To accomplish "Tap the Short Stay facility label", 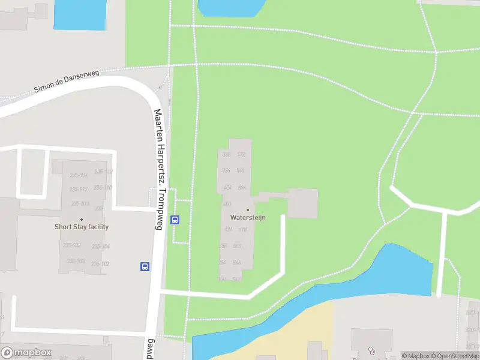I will click(x=82, y=227).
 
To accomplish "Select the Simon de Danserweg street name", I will click(x=66, y=80).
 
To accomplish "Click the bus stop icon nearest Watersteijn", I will click(x=175, y=220).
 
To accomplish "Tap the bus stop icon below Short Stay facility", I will click(x=145, y=266).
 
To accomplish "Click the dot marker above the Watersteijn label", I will click(x=247, y=210).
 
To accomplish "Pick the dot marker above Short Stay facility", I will click(x=82, y=219).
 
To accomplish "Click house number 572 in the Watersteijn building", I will click(x=241, y=155).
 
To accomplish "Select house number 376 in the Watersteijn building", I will click(x=226, y=171).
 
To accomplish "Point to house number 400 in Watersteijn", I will click(x=227, y=204).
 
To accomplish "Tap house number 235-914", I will click(x=79, y=175).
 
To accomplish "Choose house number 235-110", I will click(x=103, y=187).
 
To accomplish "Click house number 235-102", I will click(x=101, y=264).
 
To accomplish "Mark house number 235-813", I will click(x=80, y=204).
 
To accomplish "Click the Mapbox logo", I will click(x=26, y=352).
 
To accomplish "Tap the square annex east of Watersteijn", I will click(x=303, y=203).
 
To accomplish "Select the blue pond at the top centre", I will click(x=231, y=7).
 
